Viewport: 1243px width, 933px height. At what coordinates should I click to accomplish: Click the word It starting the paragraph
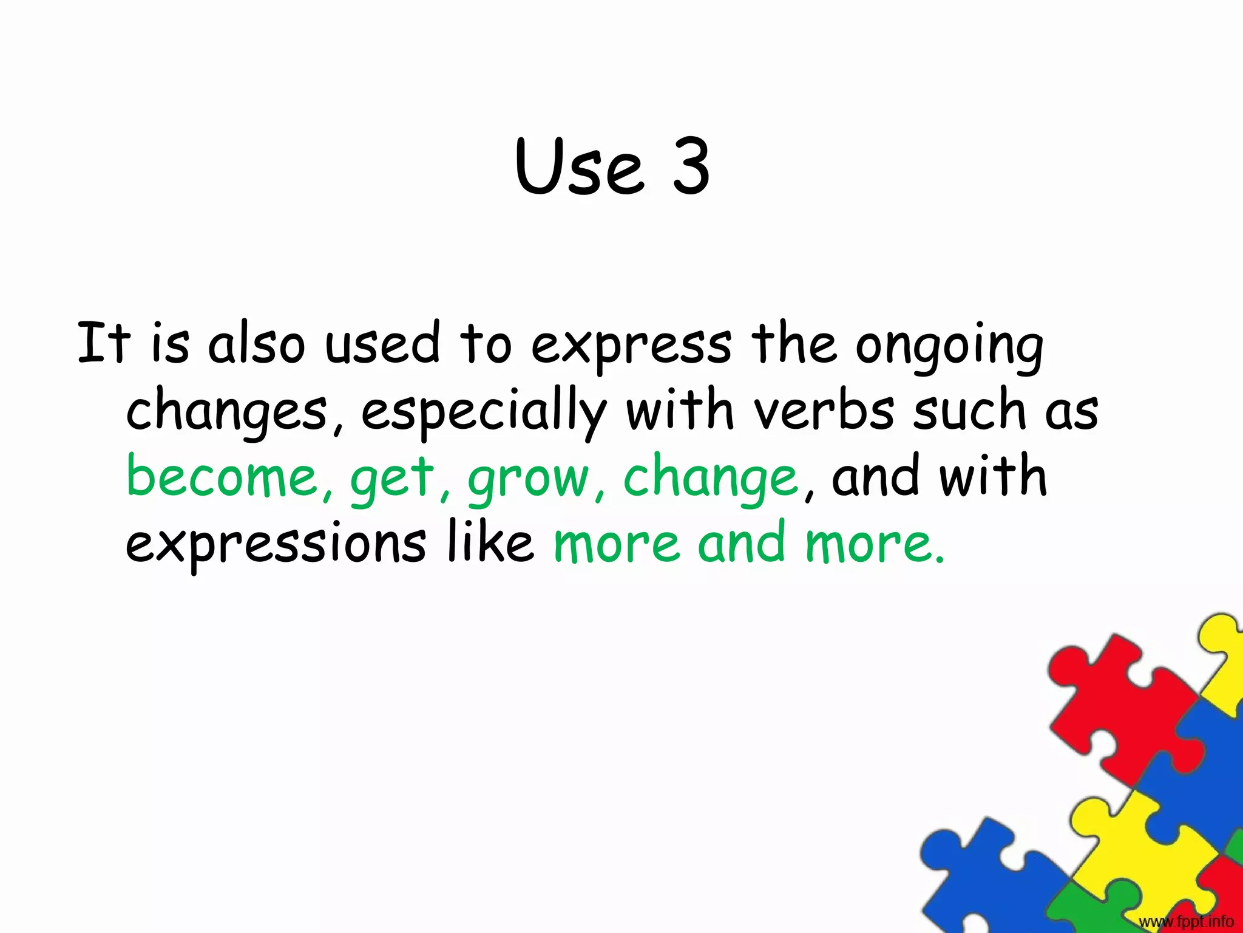click(x=104, y=344)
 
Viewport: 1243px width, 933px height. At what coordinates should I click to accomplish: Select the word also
click(x=256, y=344)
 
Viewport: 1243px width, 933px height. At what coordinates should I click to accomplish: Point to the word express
click(x=631, y=346)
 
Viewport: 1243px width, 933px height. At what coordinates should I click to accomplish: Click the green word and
click(x=742, y=542)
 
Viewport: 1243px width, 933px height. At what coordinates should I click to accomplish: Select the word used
click(x=382, y=344)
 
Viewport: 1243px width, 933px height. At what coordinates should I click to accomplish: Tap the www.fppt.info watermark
click(x=1186, y=921)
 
